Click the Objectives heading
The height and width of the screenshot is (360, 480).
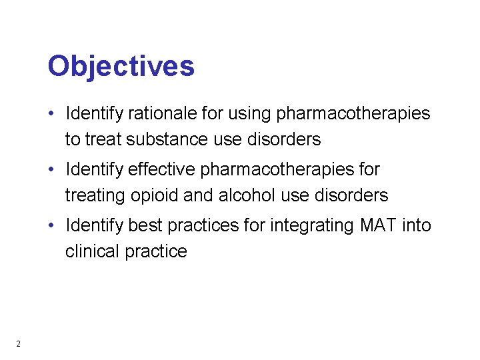121,67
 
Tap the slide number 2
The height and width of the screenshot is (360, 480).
18,344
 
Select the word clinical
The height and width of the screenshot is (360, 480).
91,251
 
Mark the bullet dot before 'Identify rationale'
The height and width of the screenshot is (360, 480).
51,114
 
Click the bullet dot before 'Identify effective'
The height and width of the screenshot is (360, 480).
51,170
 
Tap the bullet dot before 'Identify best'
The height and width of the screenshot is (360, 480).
51,226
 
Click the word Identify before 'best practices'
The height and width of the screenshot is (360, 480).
93,226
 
